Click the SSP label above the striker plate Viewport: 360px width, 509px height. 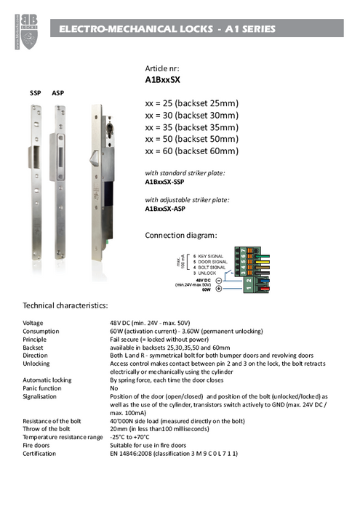[35, 94]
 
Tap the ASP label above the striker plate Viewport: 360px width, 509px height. [58, 94]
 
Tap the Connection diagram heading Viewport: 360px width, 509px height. [181, 235]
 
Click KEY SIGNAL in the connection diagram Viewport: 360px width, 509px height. [211, 257]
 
